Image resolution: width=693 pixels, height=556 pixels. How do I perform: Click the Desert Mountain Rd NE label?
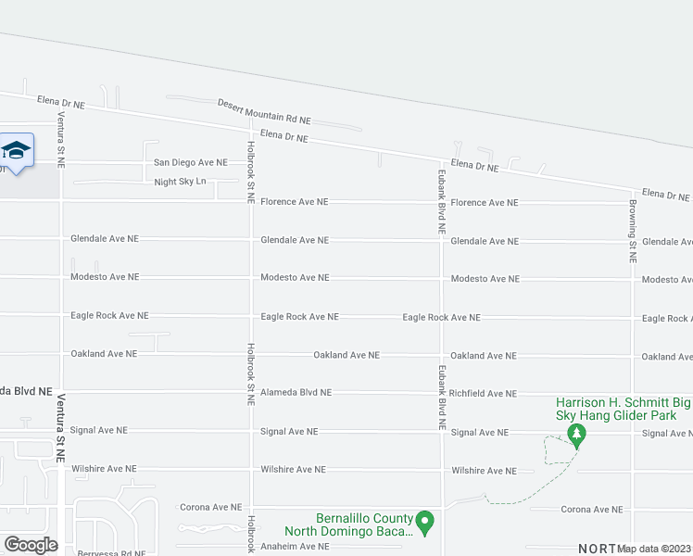264,111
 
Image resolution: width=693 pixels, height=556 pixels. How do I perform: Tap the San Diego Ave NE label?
191,162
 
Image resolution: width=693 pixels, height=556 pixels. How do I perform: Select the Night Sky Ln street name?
180,182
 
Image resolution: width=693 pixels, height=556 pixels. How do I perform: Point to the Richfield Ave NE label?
484,394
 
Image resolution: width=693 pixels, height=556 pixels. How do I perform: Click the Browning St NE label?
634,231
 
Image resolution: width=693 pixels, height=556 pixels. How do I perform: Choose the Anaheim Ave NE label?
295,547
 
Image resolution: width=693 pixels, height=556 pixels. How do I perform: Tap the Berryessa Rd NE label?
112,552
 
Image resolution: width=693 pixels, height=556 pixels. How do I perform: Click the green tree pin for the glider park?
576,435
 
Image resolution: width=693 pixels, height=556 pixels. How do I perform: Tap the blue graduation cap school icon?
16,150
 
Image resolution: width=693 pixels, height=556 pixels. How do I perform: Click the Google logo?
31,545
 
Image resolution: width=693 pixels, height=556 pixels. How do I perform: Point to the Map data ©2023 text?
654,549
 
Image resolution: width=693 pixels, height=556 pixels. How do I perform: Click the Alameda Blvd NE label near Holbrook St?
296,392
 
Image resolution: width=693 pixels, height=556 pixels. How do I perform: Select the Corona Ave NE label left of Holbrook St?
210,508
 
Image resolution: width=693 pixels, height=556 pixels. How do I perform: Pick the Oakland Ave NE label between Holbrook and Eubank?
346,355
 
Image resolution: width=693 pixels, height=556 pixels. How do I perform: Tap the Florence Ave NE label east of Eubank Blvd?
485,202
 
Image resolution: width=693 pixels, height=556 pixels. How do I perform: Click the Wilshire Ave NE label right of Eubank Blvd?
484,471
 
